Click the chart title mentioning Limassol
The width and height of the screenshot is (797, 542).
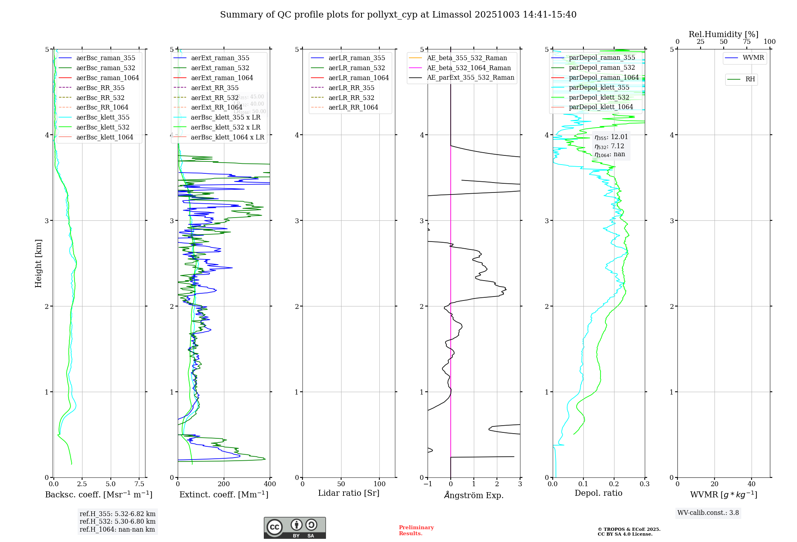click(398, 15)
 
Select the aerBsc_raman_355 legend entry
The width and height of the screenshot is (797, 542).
click(106, 58)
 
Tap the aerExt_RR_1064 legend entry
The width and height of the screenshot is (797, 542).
click(216, 108)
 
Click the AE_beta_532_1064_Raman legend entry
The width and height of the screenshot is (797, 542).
click(469, 68)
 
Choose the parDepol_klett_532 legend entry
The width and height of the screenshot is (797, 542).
click(599, 98)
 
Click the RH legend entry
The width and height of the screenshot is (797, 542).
click(750, 79)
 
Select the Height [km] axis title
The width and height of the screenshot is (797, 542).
click(38, 263)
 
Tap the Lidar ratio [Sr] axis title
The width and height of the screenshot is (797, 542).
click(349, 493)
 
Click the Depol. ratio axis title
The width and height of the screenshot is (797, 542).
click(598, 493)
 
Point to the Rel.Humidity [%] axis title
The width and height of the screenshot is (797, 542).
click(723, 34)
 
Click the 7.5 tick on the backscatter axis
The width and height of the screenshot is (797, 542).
click(139, 484)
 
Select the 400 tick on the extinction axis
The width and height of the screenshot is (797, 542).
click(270, 484)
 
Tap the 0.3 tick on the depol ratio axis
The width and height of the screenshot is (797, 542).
click(644, 484)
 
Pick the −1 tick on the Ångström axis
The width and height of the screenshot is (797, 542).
click(428, 484)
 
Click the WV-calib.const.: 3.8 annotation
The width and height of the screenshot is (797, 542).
click(708, 513)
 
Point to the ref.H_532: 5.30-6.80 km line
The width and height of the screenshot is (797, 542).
click(118, 522)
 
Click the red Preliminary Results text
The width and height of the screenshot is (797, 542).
click(416, 530)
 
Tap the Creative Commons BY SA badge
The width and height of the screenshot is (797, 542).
click(294, 528)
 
